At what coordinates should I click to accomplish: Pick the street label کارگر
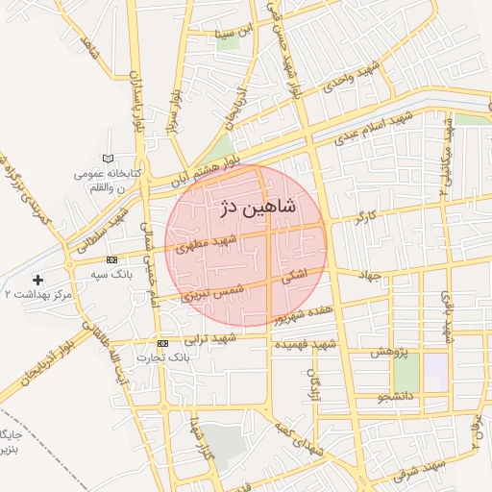tap(365, 216)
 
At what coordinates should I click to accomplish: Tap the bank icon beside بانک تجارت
tap(162, 343)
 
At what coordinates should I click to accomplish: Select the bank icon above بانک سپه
tap(112, 260)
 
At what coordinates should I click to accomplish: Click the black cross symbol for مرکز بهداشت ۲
tap(37, 280)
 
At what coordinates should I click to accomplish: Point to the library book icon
tap(107, 159)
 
